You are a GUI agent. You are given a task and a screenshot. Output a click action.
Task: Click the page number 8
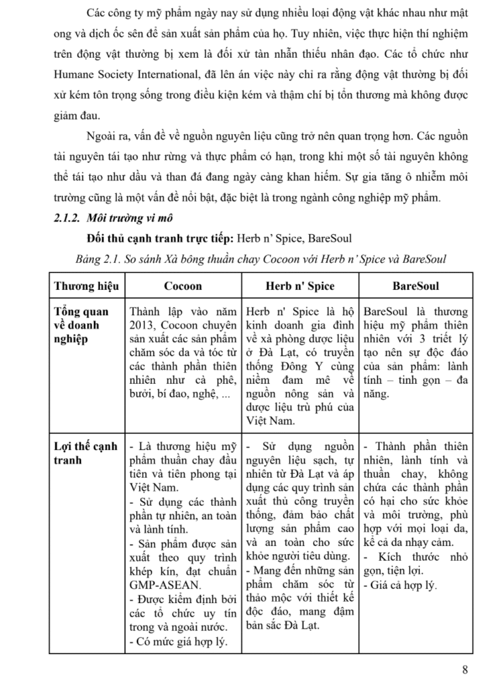(x=465, y=668)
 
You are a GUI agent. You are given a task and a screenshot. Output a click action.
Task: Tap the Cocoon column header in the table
(x=183, y=286)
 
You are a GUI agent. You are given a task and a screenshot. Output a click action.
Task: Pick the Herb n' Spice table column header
(x=300, y=286)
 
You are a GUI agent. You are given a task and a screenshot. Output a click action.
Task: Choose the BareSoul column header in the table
(x=416, y=286)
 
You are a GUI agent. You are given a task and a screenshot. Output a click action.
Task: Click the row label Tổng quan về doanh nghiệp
(x=81, y=325)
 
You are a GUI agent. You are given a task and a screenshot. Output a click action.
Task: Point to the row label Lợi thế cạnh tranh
(x=85, y=453)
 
